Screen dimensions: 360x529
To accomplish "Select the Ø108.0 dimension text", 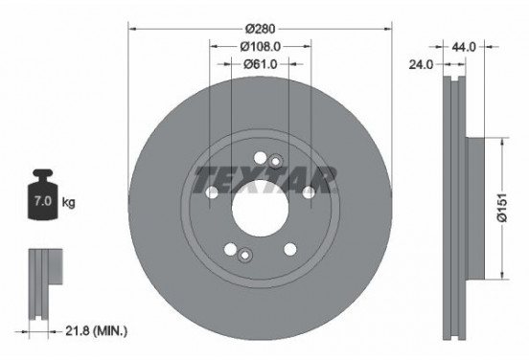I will coord(260,46).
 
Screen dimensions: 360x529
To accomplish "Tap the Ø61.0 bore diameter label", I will coord(260,64).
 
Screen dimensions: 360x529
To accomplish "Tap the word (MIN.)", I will coord(110,331).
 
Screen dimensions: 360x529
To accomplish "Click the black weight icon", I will coord(44,199).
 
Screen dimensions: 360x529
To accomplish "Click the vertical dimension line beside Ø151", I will coord(499,209).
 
